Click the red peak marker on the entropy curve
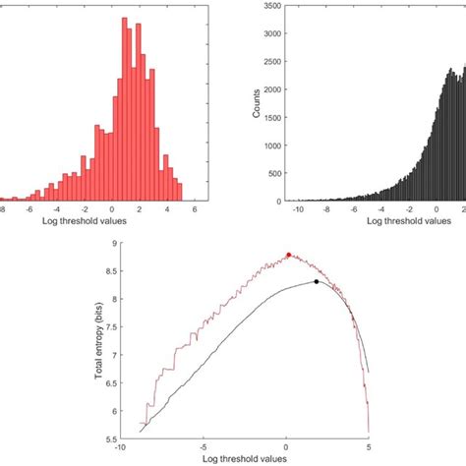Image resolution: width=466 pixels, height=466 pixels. point(288,255)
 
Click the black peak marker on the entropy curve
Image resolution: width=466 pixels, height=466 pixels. point(317,282)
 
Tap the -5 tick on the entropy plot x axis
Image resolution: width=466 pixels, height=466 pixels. point(203,447)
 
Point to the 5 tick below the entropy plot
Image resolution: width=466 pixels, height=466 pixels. point(369,447)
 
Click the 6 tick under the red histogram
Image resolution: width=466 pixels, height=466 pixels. point(196,208)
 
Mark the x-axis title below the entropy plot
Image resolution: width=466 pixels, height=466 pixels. point(244,459)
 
